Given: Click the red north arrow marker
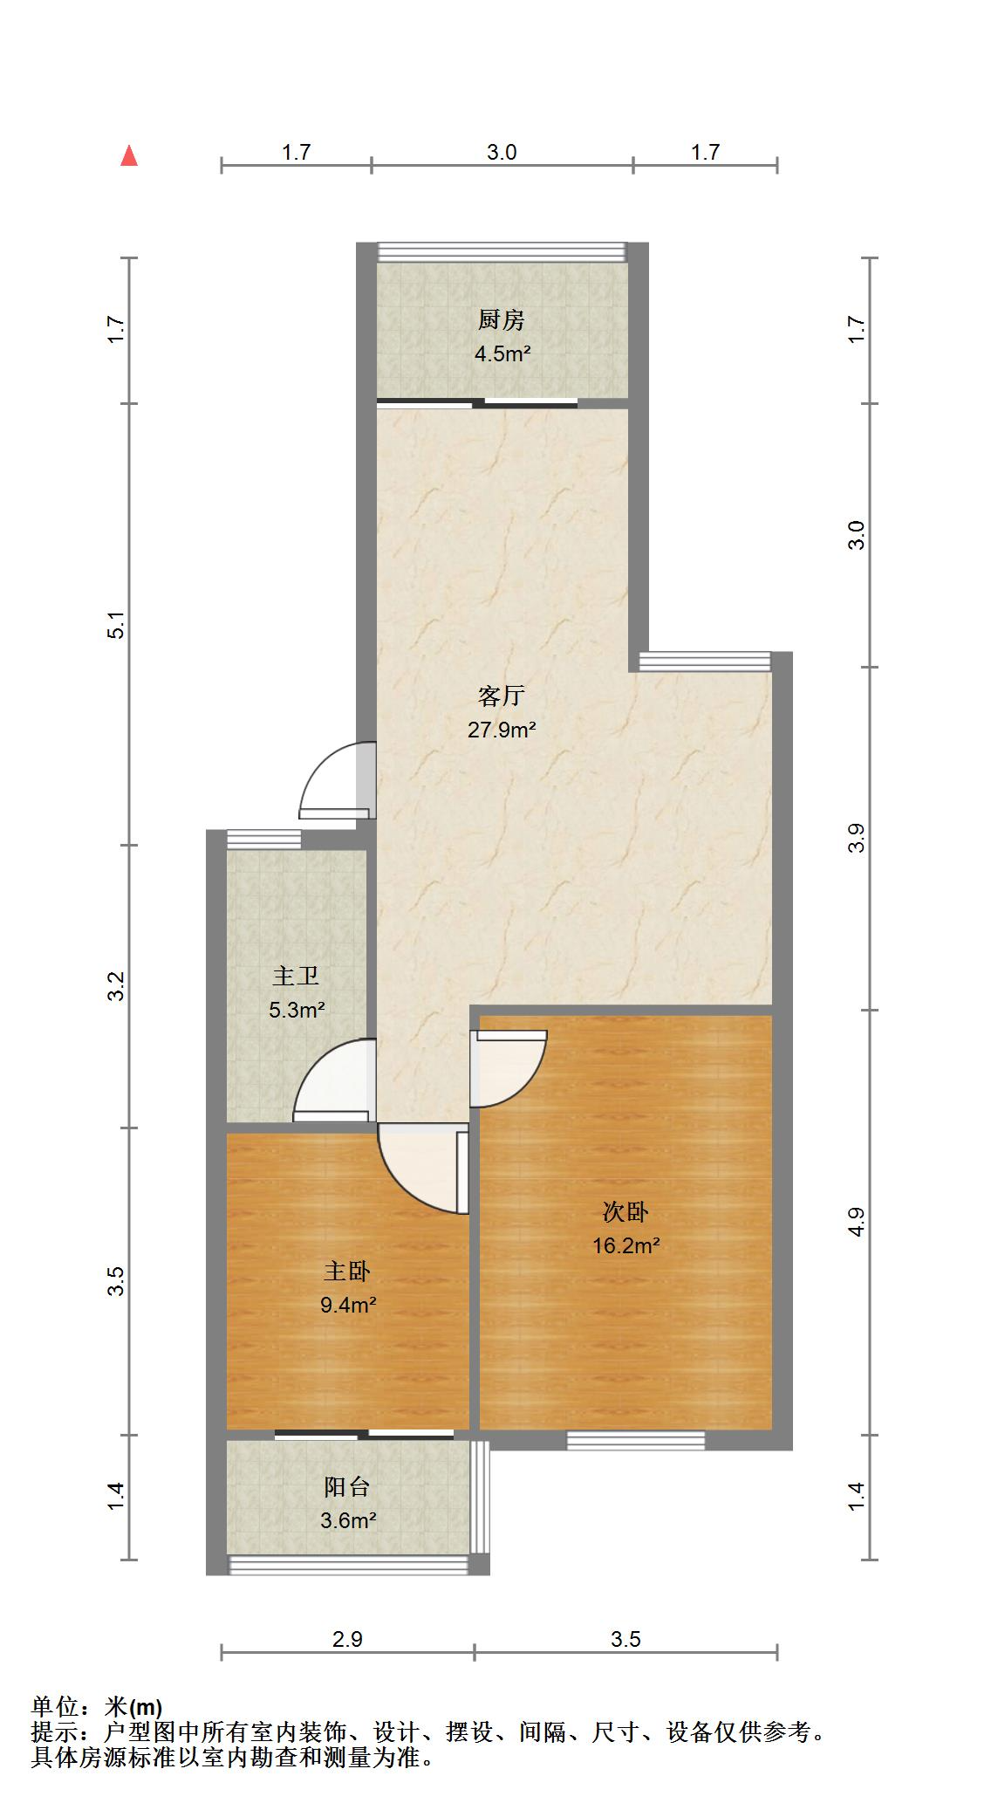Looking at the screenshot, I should [129, 156].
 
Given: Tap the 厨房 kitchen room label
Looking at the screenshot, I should [501, 320].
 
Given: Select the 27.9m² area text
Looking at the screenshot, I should [501, 730].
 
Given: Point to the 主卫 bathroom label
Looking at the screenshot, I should [296, 976].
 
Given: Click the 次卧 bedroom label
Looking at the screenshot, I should [625, 1212].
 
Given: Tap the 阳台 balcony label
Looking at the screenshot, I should [347, 1486].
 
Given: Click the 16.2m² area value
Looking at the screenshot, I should [625, 1245].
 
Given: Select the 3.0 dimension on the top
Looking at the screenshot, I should [501, 153].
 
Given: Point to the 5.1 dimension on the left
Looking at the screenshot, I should [117, 626].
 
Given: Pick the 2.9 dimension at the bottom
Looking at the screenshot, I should [347, 1639].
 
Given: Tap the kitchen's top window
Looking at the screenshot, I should [502, 252].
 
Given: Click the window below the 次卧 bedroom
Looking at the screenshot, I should [635, 1441].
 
